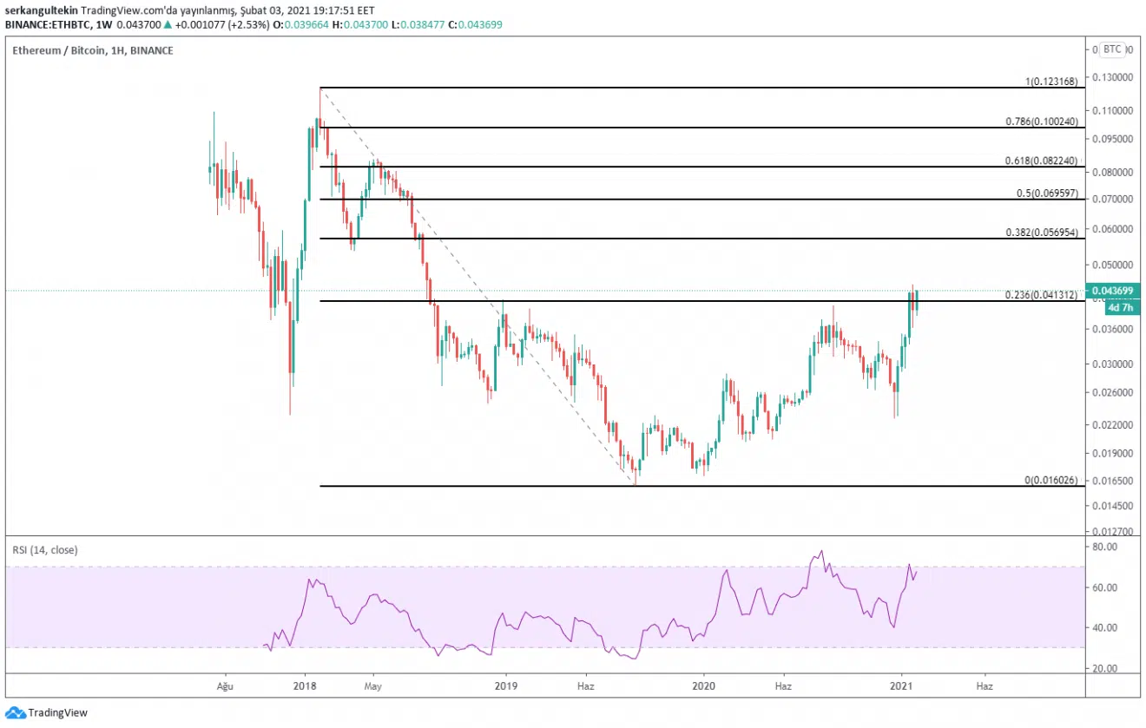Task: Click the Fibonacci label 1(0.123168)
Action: click(x=1050, y=82)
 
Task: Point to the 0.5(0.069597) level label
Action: click(x=1047, y=193)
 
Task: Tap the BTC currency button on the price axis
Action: click(x=1112, y=49)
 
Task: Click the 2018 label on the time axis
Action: click(x=305, y=685)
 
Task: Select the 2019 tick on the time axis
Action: click(x=506, y=685)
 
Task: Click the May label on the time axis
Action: click(x=373, y=685)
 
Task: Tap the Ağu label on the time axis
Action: click(x=225, y=685)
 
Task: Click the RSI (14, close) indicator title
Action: click(x=43, y=549)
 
